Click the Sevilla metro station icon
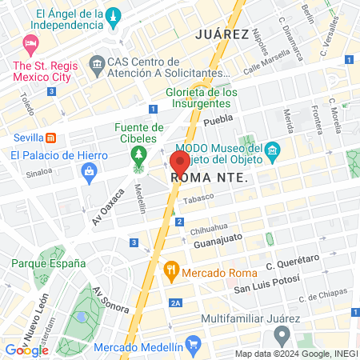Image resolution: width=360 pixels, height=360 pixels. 50,136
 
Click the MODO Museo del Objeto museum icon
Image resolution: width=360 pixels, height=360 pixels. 273,150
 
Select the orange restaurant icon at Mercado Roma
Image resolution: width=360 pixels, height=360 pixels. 170,270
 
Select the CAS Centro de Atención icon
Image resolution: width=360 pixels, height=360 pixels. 98,62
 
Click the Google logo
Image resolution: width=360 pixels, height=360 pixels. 26,350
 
